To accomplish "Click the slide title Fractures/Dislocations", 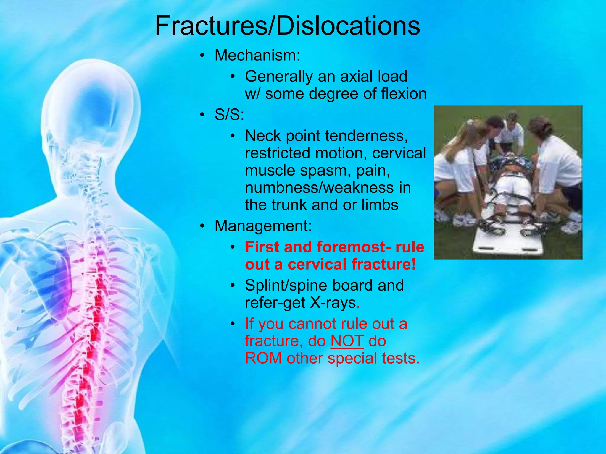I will pyautogui.click(x=287, y=26).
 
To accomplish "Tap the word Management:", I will pyautogui.click(x=263, y=226).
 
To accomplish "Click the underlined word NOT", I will pyautogui.click(x=347, y=341).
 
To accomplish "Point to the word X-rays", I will pyautogui.click(x=333, y=303).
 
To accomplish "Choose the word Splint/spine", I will pyautogui.click(x=286, y=285).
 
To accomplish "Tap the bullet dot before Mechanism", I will pyautogui.click(x=202, y=56).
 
